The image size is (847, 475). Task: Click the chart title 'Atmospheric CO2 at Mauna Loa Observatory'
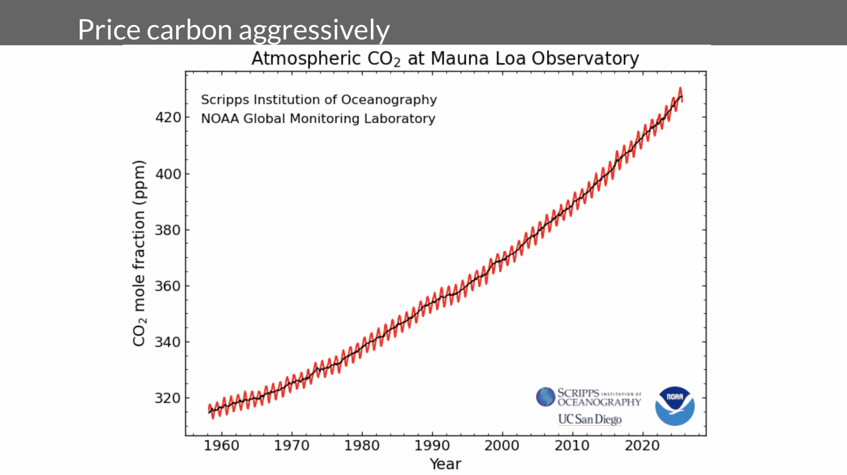point(445,59)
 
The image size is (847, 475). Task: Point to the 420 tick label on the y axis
point(168,117)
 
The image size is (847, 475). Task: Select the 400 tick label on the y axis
point(168,174)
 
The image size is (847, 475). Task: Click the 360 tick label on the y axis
point(168,286)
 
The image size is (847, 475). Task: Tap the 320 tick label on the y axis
point(168,398)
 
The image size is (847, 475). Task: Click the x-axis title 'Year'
point(445,464)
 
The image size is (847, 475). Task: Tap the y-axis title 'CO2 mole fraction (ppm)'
point(139,253)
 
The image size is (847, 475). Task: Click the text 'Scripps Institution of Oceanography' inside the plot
point(319,100)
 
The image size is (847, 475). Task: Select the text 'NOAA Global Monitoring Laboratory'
point(318,118)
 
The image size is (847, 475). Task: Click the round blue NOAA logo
point(675,406)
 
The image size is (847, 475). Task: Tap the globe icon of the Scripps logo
point(545,397)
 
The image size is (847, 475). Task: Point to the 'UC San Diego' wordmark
point(590,419)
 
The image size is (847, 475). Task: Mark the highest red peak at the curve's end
point(680,89)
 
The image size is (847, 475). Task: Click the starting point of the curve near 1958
point(209,410)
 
